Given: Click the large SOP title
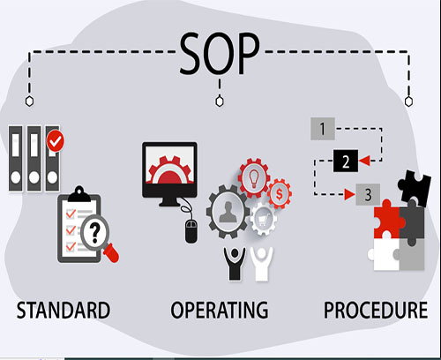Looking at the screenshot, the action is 220,53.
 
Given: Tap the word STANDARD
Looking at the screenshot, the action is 64,310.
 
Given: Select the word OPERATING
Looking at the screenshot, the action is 220,310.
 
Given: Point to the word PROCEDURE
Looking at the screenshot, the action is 376,310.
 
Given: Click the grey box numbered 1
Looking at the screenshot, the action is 323,129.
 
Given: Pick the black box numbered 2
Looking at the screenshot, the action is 346,161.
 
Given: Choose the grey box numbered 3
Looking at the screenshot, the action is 368,194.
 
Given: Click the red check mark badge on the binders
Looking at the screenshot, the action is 56,141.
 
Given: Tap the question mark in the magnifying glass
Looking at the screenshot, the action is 94,232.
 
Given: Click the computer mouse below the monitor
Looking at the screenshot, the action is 191,231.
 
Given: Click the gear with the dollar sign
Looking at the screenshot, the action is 279,194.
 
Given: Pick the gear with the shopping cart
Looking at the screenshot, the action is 263,219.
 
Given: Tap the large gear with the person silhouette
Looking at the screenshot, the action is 228,211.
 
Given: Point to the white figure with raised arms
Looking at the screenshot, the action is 262,264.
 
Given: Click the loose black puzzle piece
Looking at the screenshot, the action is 415,188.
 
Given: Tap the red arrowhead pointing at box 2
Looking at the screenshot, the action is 364,161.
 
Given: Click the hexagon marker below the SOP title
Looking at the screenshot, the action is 220,101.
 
